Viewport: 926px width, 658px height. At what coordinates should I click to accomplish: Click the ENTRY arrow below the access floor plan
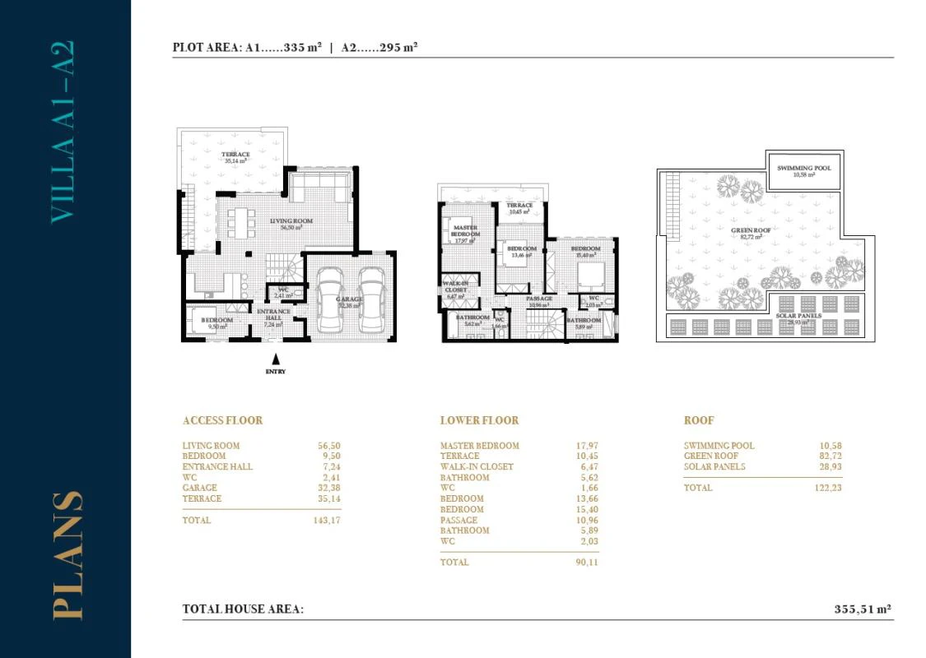(275, 359)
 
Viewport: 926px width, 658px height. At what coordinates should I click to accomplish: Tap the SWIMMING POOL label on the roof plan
(803, 168)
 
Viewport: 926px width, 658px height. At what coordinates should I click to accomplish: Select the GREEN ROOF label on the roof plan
(751, 231)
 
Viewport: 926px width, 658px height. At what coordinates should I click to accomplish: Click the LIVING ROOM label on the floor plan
(291, 220)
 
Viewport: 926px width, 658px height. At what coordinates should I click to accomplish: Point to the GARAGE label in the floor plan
(348, 300)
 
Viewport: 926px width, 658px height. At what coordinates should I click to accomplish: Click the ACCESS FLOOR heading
(222, 420)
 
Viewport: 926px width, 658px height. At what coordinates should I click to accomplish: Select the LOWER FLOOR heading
(479, 420)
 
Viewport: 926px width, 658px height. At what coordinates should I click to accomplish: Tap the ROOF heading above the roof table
(699, 420)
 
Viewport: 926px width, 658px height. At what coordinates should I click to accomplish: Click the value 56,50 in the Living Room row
(329, 446)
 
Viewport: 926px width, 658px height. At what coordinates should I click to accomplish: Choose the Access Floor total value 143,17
(327, 521)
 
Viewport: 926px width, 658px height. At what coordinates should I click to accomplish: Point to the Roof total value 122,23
(826, 488)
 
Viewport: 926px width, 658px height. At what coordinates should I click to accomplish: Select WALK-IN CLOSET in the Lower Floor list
(477, 467)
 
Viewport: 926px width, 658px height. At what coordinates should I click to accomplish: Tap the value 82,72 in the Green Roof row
(828, 456)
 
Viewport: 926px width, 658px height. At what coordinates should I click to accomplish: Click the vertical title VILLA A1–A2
(63, 132)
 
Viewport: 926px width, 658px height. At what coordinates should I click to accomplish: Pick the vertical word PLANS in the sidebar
(66, 555)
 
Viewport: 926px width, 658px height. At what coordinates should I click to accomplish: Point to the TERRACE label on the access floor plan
(235, 155)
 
